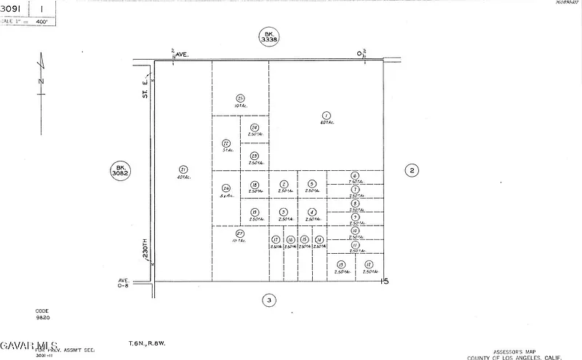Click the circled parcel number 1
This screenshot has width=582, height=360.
(x=326, y=116)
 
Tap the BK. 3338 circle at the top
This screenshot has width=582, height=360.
(x=269, y=37)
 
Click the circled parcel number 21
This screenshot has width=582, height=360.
(x=183, y=170)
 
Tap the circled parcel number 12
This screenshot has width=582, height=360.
(x=369, y=265)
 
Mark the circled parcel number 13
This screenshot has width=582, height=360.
(x=340, y=265)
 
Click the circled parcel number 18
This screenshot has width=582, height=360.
(x=255, y=185)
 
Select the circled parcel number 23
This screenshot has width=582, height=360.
(x=255, y=156)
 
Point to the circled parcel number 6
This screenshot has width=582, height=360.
(x=355, y=175)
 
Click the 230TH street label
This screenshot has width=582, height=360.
(x=145, y=250)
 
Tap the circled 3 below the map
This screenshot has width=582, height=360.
(x=269, y=300)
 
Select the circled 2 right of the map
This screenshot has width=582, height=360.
(x=412, y=170)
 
